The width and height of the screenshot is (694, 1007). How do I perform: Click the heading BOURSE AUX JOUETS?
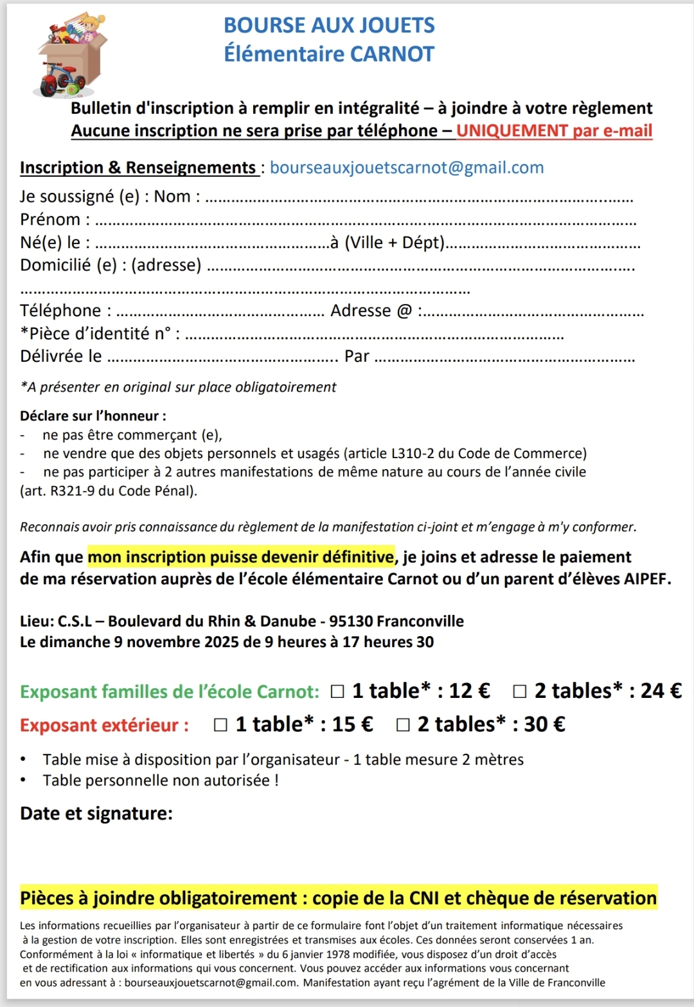click(x=329, y=25)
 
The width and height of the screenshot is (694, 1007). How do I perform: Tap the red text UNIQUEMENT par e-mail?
click(x=554, y=130)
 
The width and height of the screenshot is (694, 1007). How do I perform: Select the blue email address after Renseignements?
click(x=407, y=168)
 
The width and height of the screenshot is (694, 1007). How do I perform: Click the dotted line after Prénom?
click(x=365, y=222)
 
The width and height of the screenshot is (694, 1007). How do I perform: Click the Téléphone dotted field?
click(x=220, y=314)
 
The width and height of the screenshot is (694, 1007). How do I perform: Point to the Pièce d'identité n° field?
click(x=374, y=337)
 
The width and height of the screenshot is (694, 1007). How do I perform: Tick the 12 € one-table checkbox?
click(x=337, y=691)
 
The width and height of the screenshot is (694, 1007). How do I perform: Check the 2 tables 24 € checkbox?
click(x=520, y=691)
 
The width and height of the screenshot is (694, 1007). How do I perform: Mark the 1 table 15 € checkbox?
click(x=220, y=725)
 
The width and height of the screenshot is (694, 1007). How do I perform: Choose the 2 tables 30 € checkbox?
click(x=403, y=725)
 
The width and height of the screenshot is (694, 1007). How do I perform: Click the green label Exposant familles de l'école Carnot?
click(x=170, y=691)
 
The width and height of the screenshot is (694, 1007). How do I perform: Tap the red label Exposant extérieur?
click(x=105, y=725)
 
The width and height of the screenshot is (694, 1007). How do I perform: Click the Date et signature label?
click(x=96, y=814)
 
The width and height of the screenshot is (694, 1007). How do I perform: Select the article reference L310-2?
click(x=414, y=454)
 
